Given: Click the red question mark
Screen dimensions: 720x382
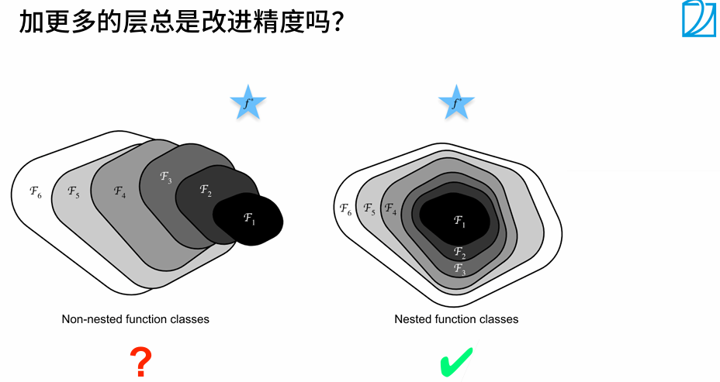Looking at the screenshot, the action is [x=140, y=362].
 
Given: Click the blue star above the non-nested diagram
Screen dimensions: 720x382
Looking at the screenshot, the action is [x=248, y=103].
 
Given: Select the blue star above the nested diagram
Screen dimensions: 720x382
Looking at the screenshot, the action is [x=456, y=103].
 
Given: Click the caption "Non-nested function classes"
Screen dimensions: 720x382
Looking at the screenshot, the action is [x=136, y=318].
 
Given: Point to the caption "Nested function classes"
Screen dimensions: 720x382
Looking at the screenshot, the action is [x=456, y=318].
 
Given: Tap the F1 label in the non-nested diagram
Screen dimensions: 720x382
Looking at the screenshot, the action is [x=249, y=219].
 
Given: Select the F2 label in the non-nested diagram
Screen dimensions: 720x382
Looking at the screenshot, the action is [x=205, y=190].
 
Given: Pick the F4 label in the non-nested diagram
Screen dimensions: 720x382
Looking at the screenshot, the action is [x=119, y=191].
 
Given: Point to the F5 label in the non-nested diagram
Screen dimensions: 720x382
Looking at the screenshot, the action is [x=73, y=191].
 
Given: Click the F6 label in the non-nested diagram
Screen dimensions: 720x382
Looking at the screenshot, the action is [x=35, y=191].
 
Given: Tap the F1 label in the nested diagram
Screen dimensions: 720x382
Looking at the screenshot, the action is [x=459, y=222].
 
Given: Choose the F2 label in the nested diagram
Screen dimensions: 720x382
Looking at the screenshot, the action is [x=459, y=252].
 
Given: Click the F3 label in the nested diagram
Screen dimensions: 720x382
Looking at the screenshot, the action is [x=459, y=268].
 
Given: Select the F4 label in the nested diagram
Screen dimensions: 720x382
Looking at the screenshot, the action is [x=390, y=209].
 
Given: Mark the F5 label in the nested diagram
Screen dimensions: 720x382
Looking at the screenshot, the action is [x=369, y=209].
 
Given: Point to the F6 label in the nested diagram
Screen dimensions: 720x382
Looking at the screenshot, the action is [x=345, y=208].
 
